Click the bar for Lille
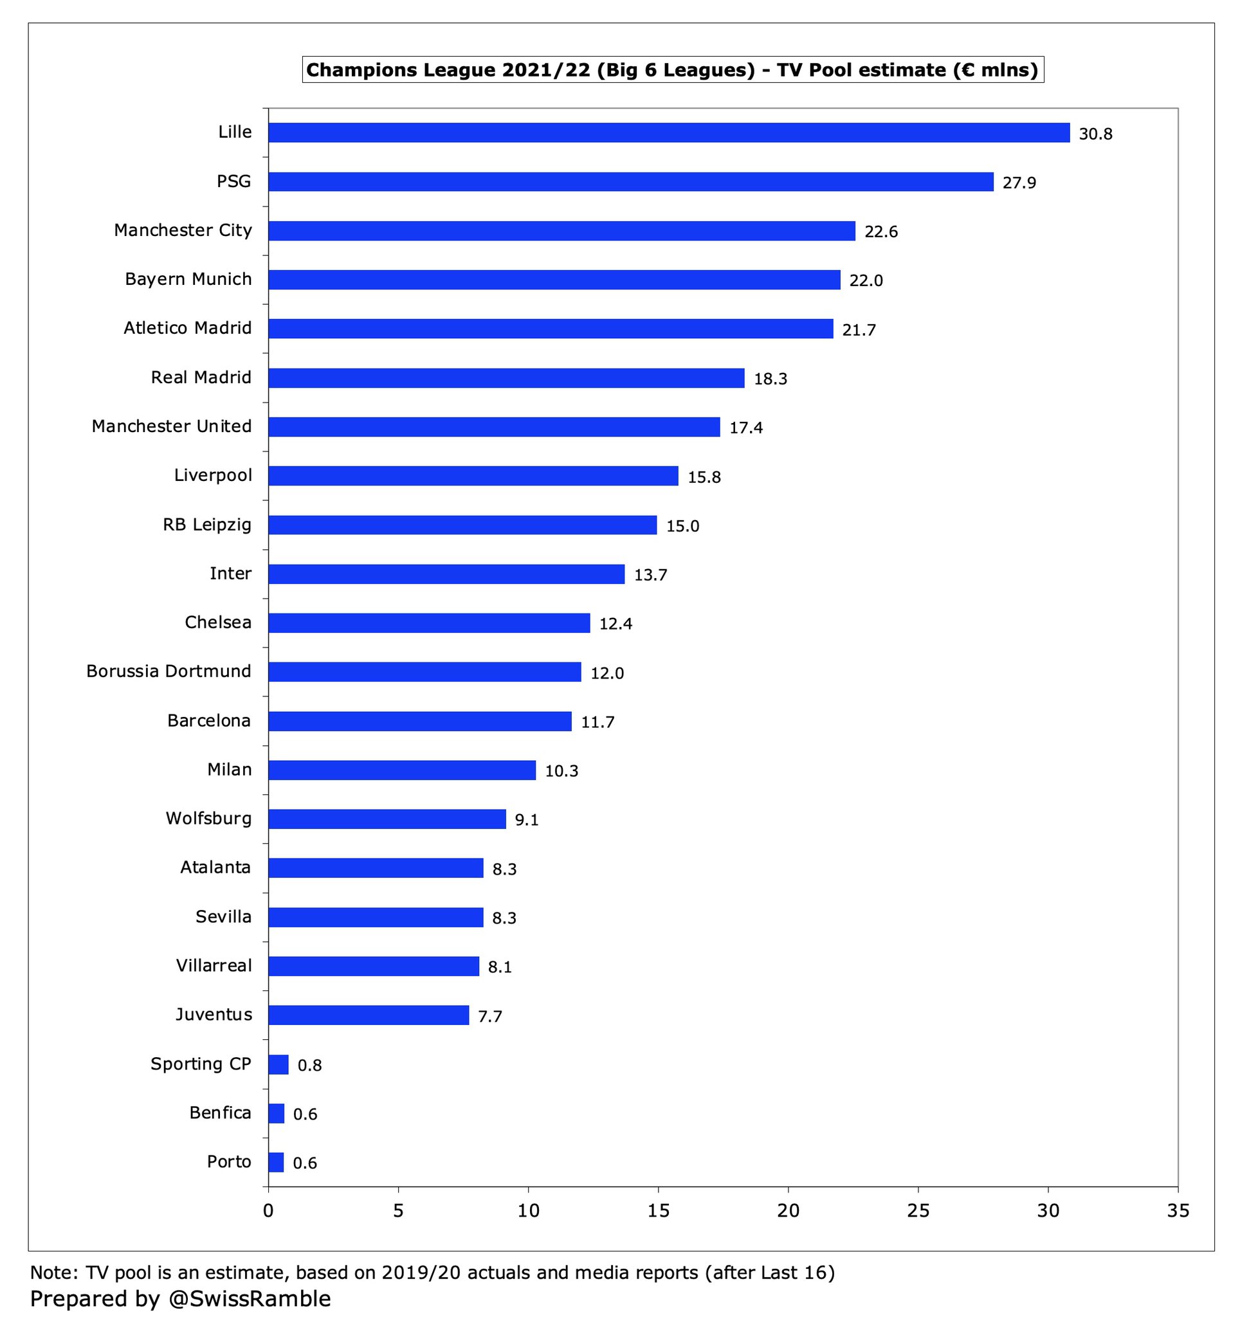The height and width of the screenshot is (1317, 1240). coord(669,132)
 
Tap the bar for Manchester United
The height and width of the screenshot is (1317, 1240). coord(494,426)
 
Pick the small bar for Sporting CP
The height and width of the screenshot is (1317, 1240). coord(278,1065)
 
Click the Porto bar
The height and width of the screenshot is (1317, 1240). coord(276,1163)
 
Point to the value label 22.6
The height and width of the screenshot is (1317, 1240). coord(881,232)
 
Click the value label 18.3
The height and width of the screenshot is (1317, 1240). coord(770,379)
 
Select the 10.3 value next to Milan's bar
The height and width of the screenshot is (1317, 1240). coord(561,771)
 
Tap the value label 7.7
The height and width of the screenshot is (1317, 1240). coord(490,1016)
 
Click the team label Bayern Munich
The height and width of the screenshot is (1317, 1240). coord(188,279)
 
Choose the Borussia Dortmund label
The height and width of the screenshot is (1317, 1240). coord(169,671)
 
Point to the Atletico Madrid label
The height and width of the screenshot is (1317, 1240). coord(187,328)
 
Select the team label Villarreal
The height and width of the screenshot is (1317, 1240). coord(214,965)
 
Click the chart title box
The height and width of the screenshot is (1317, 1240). coord(672,69)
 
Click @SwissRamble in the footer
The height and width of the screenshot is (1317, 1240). coord(250,1298)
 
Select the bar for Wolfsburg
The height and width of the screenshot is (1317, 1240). coord(387,819)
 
